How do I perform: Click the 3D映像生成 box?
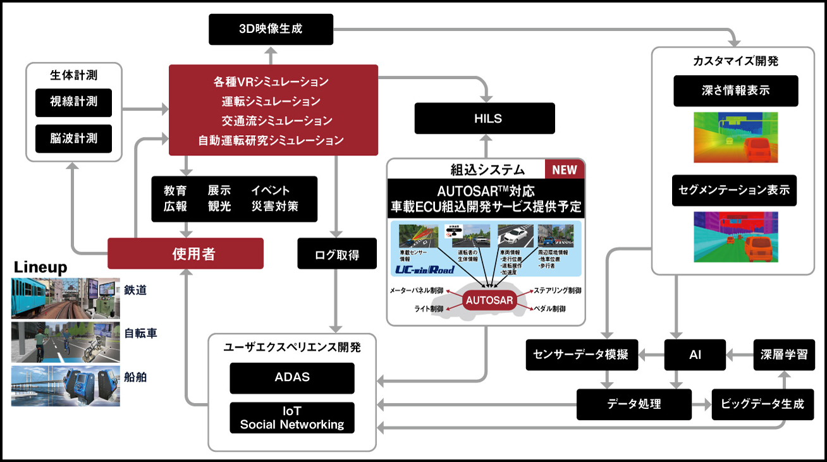click(271, 30)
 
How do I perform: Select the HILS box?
click(484, 119)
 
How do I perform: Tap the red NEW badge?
click(565, 169)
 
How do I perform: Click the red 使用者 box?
click(185, 253)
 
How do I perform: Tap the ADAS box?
click(292, 377)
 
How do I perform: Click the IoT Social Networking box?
click(292, 418)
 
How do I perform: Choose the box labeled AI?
click(695, 355)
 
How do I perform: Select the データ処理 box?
click(634, 404)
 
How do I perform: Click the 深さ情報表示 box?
click(735, 90)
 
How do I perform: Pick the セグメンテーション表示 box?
click(735, 190)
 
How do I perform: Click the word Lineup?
click(40, 267)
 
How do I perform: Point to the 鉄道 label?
click(136, 291)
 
